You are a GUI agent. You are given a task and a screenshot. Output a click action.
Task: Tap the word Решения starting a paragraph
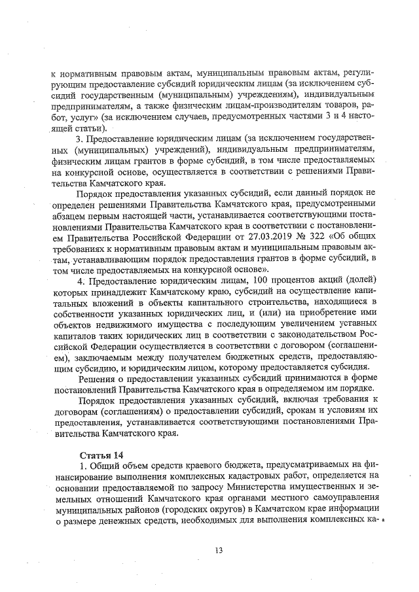click(x=98, y=377)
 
